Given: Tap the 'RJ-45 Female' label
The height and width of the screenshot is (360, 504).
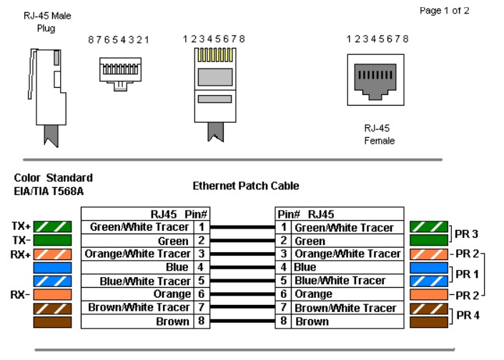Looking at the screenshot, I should coord(379,134).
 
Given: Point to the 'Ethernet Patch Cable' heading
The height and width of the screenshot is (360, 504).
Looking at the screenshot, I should coord(245,186).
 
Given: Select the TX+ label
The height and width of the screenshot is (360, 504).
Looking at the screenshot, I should coord(21,226).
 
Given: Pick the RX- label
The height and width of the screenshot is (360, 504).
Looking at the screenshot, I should coord(21,294).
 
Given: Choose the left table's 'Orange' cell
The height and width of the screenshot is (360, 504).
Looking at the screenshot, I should coord(172,294).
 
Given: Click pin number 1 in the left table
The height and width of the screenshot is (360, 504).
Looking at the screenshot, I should coord(201,227).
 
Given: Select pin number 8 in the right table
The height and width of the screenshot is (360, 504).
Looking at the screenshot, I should coord(283,321).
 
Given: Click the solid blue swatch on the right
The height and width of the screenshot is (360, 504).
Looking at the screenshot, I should coord(428,267).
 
